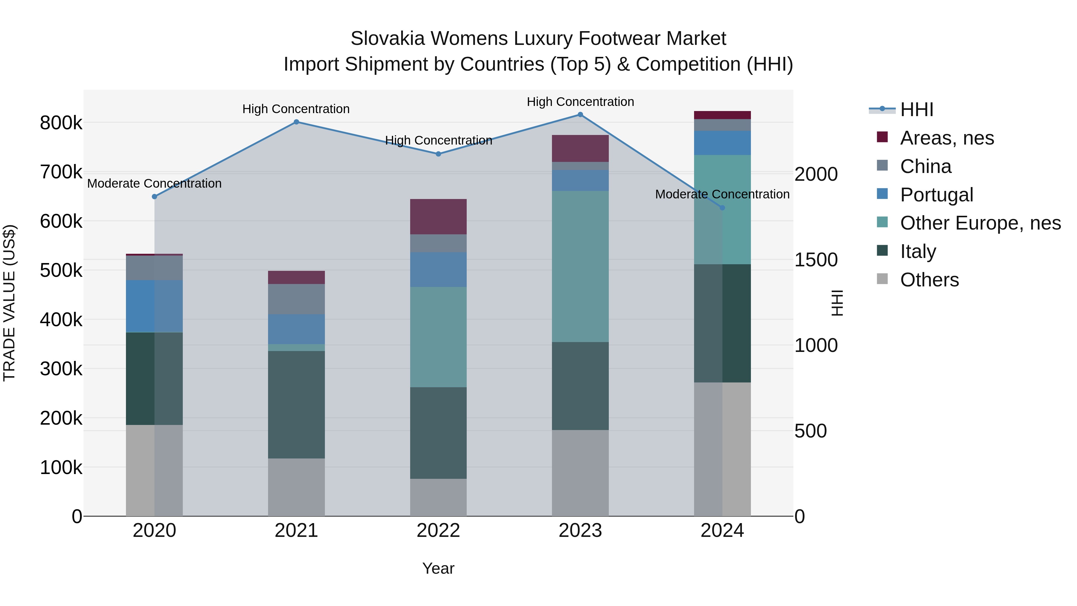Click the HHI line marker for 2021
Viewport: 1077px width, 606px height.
296,122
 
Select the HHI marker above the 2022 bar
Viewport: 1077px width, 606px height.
438,154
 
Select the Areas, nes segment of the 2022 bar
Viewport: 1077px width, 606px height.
438,217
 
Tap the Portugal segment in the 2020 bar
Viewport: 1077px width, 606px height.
154,306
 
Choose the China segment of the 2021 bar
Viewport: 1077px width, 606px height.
296,299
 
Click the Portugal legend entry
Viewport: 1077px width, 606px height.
936,195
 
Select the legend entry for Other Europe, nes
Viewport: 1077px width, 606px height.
980,223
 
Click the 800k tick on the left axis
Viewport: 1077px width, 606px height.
61,123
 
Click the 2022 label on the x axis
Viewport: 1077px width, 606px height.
438,531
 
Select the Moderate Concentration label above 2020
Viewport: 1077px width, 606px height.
154,184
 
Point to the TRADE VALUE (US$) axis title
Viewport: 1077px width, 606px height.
10,303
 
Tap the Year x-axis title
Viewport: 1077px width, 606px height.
438,568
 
